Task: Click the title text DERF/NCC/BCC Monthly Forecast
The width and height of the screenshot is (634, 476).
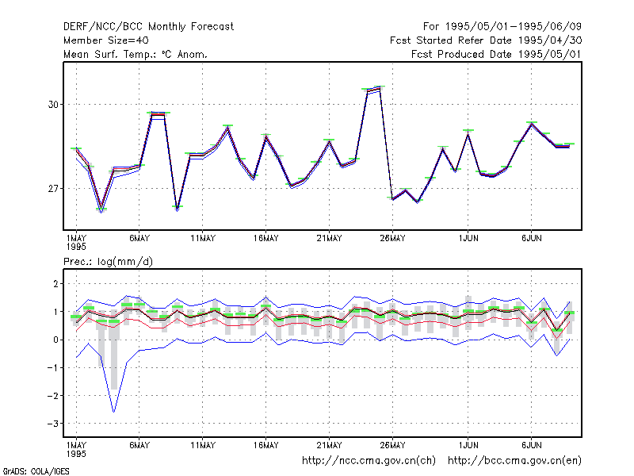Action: [x=148, y=27]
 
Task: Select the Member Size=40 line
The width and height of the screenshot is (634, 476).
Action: [x=106, y=40]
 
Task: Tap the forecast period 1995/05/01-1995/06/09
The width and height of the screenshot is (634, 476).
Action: [x=514, y=27]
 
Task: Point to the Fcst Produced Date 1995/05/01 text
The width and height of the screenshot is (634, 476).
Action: [x=497, y=54]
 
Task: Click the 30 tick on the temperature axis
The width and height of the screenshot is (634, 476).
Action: [x=53, y=105]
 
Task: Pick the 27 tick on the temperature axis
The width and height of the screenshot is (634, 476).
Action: [x=53, y=189]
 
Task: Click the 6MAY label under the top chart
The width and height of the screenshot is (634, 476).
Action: [x=139, y=239]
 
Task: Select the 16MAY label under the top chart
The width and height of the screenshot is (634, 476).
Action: [x=266, y=239]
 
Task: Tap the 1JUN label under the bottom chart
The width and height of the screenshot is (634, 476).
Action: [x=468, y=445]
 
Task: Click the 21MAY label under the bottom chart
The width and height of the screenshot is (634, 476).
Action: [x=329, y=445]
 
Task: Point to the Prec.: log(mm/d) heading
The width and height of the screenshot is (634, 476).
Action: [x=108, y=262]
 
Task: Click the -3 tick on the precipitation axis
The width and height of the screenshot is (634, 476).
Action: [x=52, y=424]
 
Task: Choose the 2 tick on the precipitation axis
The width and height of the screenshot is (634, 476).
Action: [x=55, y=284]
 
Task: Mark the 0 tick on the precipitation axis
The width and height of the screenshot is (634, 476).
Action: [x=55, y=340]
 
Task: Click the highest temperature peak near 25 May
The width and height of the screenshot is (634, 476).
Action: [x=380, y=86]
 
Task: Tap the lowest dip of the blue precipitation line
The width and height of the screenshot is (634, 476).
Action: [x=114, y=412]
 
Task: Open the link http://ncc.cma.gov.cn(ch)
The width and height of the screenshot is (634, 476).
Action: [x=369, y=461]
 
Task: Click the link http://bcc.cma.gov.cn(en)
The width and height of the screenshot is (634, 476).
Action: [x=514, y=461]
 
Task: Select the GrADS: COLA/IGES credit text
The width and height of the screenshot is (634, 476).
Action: [x=36, y=471]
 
